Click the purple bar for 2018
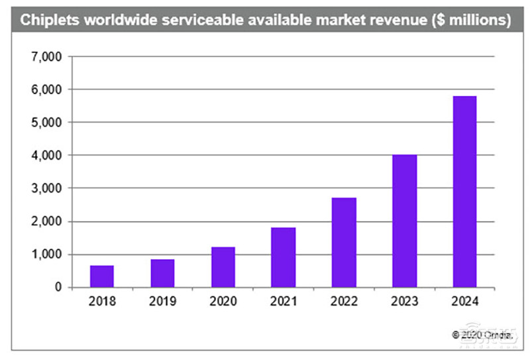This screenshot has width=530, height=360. (x=102, y=276)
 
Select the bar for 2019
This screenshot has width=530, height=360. (x=162, y=273)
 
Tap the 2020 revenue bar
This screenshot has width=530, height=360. (x=223, y=267)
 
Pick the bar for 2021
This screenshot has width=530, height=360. (x=284, y=257)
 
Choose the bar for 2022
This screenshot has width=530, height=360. (x=344, y=242)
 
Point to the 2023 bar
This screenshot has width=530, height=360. (x=404, y=221)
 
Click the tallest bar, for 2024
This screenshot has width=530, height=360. (x=464, y=192)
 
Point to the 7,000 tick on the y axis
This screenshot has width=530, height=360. (x=46, y=57)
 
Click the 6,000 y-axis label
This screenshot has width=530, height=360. (x=46, y=90)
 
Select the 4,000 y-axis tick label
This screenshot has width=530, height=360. (x=46, y=155)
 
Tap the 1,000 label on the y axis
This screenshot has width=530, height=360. (x=46, y=255)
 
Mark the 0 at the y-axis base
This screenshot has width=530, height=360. (x=58, y=288)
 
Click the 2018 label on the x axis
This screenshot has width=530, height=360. (x=102, y=302)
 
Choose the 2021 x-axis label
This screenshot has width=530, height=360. (x=284, y=302)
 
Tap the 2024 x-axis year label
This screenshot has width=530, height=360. (x=464, y=302)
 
